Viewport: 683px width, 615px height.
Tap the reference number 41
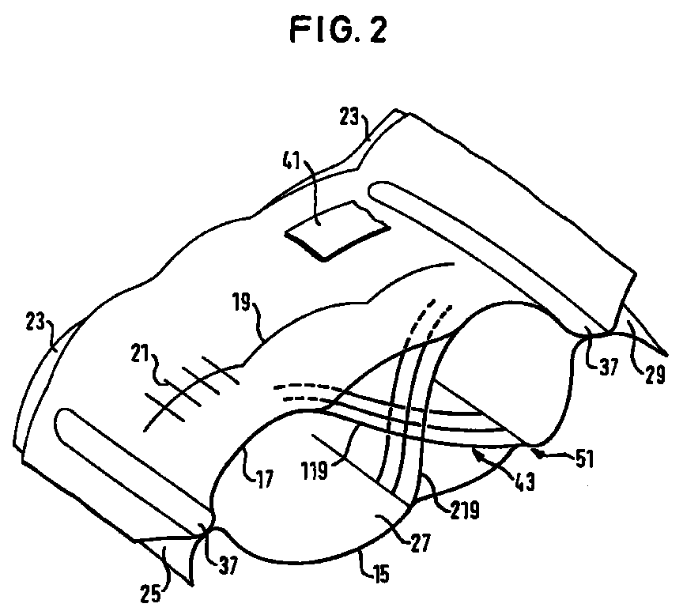292,161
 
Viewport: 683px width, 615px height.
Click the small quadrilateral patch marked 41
337,230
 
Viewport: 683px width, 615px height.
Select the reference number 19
241,303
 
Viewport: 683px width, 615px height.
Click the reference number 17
264,480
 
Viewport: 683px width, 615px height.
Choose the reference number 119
314,470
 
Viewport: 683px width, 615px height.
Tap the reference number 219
465,511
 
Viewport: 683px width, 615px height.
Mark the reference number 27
420,544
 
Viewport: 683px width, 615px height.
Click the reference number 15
380,574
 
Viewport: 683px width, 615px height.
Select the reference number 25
150,594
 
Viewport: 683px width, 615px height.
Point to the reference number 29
655,374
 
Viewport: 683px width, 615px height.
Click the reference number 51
585,459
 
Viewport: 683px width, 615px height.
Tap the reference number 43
524,482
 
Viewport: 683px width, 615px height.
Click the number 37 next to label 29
608,366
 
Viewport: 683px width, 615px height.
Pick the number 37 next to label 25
228,565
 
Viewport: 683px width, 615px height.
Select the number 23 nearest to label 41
349,117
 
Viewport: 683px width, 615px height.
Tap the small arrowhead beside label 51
540,455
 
